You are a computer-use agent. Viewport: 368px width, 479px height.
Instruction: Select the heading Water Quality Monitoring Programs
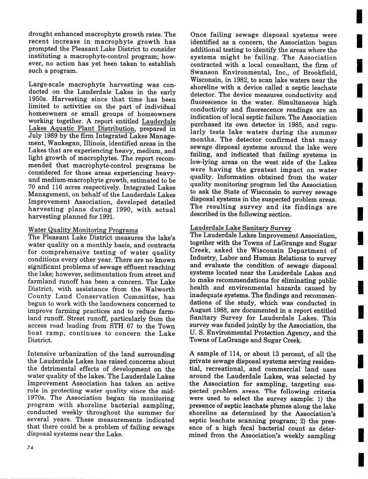83,230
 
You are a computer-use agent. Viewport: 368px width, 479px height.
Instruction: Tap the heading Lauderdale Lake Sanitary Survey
241,228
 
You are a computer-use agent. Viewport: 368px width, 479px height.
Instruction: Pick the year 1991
104,217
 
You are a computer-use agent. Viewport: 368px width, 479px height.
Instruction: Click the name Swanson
204,73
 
